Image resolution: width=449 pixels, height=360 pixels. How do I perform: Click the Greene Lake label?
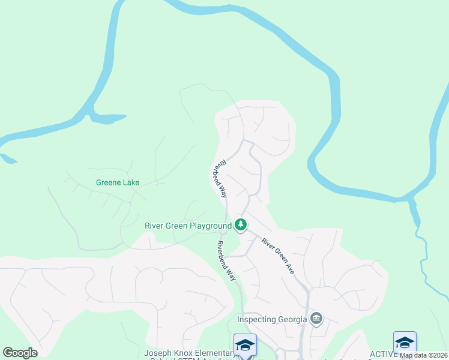coord(118,182)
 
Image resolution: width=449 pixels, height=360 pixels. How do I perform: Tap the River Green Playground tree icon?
coord(241,226)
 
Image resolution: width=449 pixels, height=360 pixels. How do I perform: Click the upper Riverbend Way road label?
coord(219,179)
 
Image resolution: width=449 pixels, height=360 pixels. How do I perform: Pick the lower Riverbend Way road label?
coord(226,260)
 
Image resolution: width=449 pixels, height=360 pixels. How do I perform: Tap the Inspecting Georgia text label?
coord(273,319)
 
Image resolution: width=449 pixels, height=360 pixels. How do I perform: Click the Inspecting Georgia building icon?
coord(316,318)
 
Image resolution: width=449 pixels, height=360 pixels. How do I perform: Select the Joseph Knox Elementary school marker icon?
coord(245,344)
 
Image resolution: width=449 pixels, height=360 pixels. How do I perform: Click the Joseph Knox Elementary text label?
coord(188,353)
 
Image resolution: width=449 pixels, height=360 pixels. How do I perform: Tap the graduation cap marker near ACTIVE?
coord(405,342)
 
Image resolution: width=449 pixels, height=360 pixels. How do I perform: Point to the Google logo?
coord(20,353)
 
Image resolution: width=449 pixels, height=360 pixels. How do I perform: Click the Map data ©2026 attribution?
coord(423,355)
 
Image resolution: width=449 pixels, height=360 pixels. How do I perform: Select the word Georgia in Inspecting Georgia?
coord(293,319)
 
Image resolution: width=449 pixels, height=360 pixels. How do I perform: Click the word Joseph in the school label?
coord(157,353)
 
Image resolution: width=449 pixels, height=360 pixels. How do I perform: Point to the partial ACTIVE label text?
coord(382,354)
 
